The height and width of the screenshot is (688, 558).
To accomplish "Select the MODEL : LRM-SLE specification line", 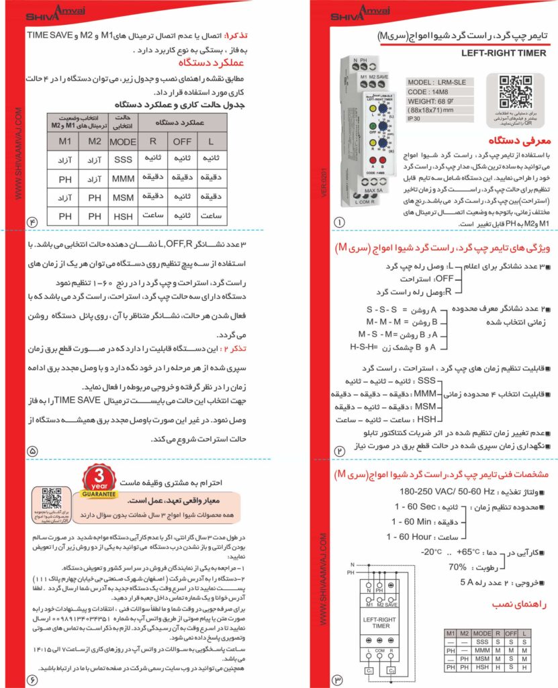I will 437,83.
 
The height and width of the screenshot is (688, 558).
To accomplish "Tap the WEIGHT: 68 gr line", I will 436,100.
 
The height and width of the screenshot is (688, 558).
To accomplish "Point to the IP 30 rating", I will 419,118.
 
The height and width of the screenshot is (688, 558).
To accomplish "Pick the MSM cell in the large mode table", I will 123,199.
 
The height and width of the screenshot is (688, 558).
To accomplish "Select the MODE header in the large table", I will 123,142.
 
